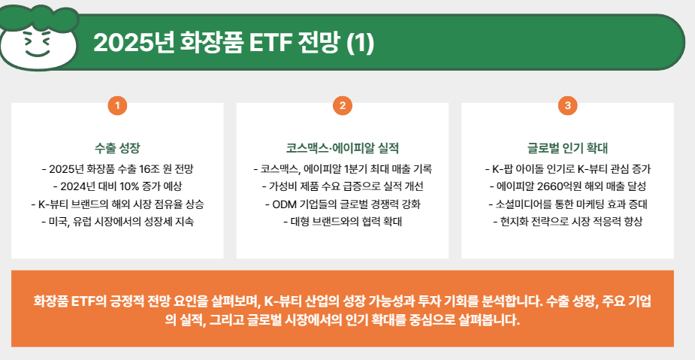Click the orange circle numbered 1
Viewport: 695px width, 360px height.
[117, 106]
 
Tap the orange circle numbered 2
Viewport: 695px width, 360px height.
[342, 106]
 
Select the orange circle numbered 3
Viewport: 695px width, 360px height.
[567, 106]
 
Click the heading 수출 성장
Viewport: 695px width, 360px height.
[117, 147]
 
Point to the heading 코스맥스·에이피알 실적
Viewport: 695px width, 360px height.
[342, 147]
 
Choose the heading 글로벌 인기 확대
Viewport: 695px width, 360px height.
[567, 147]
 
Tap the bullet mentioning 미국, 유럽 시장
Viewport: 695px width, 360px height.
[117, 222]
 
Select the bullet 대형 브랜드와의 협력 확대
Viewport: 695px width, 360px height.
[342, 222]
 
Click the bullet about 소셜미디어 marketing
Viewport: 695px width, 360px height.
[567, 204]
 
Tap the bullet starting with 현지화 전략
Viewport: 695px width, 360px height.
[567, 222]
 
